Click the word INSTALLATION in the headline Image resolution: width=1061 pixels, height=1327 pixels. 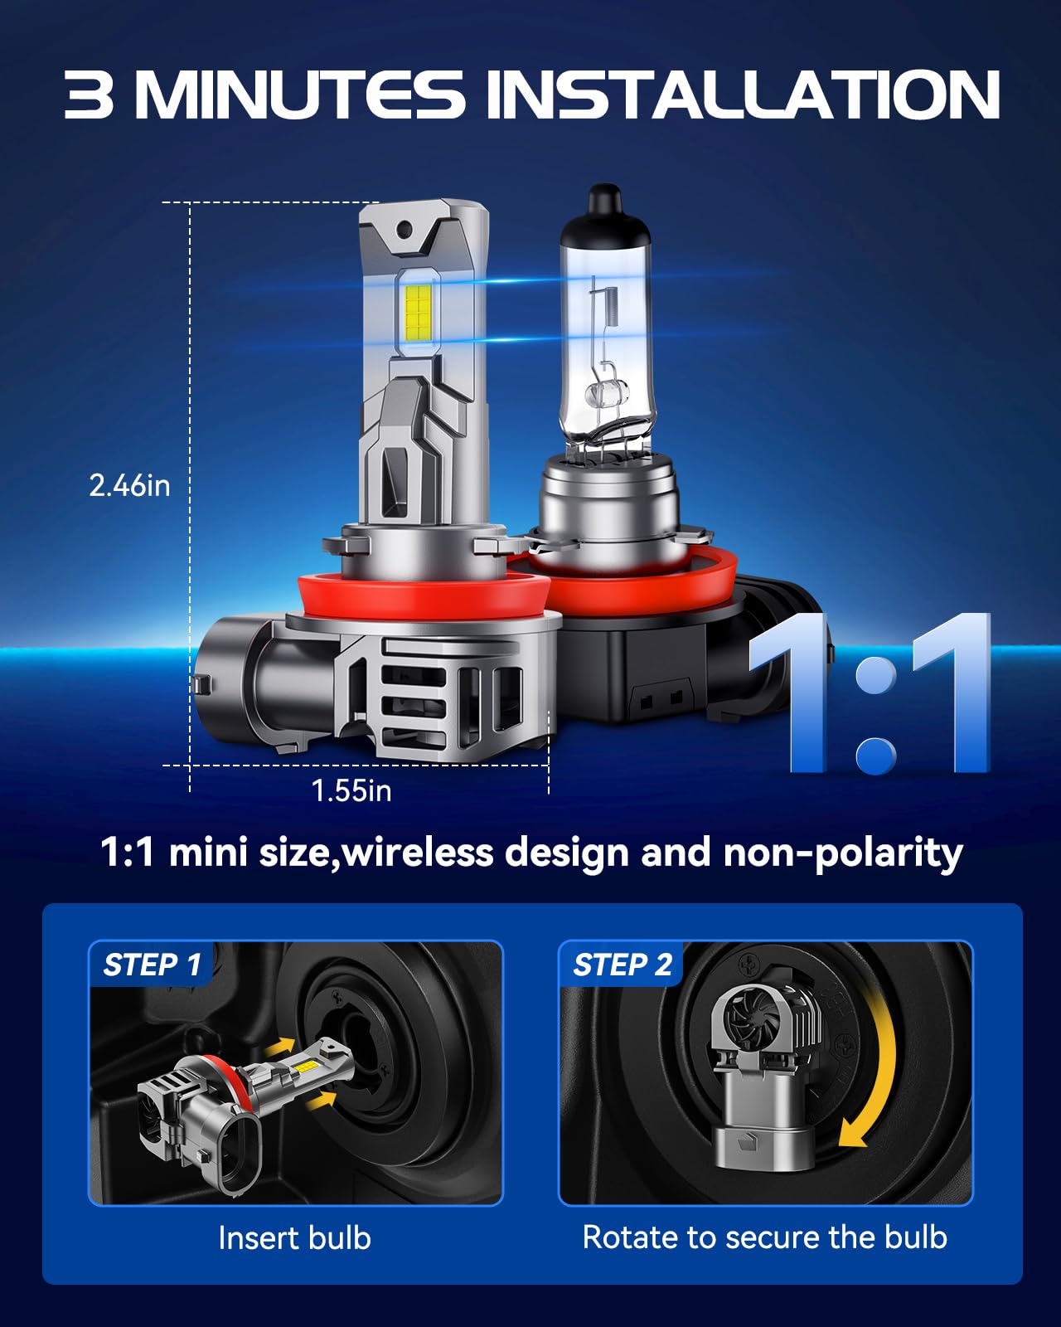tap(742, 95)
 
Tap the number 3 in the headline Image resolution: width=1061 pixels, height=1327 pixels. tap(89, 95)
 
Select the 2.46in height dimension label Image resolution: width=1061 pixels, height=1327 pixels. tap(129, 485)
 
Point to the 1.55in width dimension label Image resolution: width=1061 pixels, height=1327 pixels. tap(351, 790)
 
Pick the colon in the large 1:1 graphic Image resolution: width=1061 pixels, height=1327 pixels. tap(874, 713)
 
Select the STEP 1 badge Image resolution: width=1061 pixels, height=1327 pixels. tap(151, 965)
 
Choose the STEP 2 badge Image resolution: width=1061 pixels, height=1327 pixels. tap(622, 965)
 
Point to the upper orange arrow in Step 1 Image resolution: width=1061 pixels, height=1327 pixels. tap(283, 1047)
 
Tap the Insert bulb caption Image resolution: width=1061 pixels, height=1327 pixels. tap(294, 1237)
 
